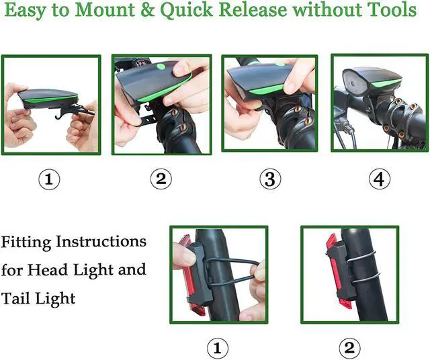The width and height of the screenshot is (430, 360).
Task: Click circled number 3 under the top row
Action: click(x=269, y=179)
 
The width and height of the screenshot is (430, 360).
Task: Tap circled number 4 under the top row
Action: click(x=380, y=179)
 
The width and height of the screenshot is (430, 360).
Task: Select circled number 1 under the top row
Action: click(x=50, y=179)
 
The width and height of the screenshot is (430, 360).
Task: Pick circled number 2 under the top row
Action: click(x=160, y=179)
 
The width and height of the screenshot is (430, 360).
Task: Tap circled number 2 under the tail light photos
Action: click(x=349, y=348)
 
